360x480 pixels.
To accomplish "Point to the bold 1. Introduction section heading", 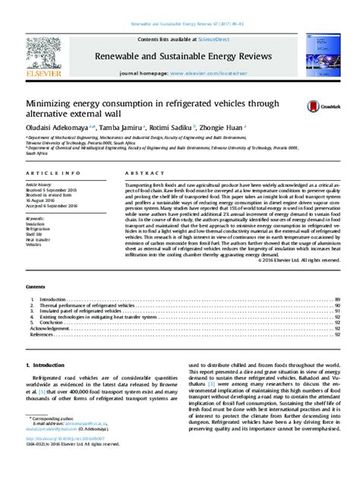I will click(49, 366).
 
